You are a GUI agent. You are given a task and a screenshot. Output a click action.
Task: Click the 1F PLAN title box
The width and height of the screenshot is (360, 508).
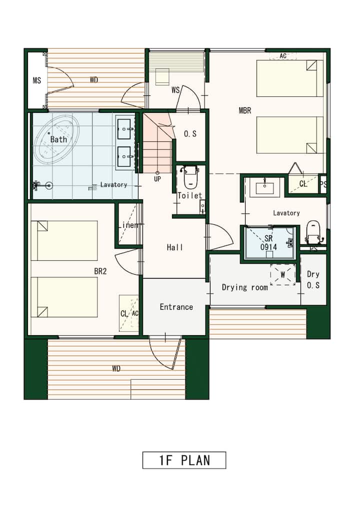(184, 460)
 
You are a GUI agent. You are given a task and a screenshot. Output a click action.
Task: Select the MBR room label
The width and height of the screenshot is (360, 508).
(245, 110)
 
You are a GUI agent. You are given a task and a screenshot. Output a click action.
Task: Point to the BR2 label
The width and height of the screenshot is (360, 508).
(100, 271)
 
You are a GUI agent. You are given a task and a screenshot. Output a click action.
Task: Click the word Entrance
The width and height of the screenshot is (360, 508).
(176, 307)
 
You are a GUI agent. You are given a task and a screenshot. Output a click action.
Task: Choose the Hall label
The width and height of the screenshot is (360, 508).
(175, 248)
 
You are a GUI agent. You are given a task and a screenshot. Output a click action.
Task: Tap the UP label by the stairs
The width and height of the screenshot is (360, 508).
(157, 179)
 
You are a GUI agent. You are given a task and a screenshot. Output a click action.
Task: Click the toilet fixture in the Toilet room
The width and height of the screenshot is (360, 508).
(190, 177)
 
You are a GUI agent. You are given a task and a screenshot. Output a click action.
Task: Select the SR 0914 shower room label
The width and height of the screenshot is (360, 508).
(268, 243)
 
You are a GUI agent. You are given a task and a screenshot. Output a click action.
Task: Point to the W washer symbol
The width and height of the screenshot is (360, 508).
(283, 275)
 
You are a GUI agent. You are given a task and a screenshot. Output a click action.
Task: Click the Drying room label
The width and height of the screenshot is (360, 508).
(245, 287)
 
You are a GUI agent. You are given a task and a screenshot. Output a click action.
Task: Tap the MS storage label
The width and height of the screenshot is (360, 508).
(37, 80)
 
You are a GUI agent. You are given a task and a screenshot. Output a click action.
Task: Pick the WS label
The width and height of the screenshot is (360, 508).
(175, 90)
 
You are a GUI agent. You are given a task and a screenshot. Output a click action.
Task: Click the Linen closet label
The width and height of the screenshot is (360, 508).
(129, 225)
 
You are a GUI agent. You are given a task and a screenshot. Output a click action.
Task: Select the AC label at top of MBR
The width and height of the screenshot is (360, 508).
(283, 56)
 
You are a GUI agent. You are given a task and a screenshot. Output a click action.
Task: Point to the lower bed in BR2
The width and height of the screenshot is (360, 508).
(64, 297)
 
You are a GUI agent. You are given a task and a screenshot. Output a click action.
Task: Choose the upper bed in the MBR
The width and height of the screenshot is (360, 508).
(290, 78)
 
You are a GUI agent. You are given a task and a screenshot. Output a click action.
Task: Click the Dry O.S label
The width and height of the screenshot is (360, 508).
(313, 280)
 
